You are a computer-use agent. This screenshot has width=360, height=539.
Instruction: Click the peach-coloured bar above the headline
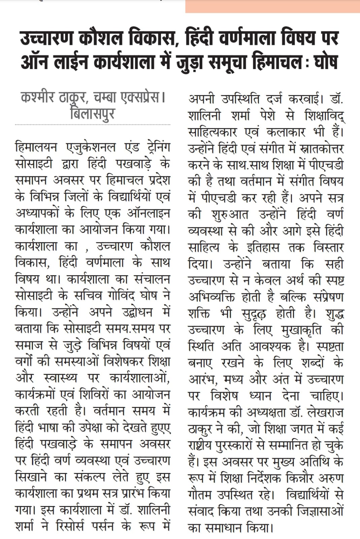[272, 6]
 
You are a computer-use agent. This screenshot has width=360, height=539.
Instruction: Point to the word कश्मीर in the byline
[37, 98]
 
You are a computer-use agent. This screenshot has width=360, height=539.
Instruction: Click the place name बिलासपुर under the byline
[92, 114]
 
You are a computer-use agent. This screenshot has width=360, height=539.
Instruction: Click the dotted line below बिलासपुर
[92, 125]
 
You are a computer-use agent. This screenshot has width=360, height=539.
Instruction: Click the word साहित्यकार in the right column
[213, 132]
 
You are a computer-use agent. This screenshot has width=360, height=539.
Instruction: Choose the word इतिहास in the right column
[263, 248]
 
